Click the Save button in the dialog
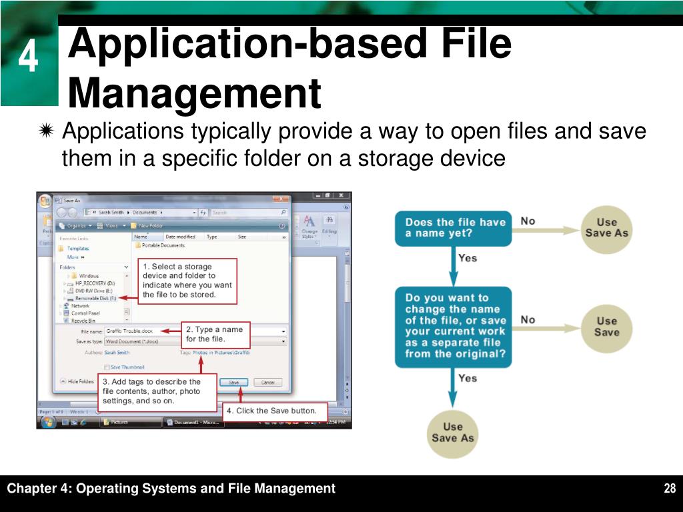233,382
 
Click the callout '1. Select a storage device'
187,281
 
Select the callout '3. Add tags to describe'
158,391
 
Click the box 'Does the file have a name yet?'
453,228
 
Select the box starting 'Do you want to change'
453,326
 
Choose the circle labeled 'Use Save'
606,326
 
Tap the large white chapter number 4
27,59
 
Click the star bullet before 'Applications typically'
46,132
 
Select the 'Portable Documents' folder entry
162,245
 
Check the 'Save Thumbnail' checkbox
107,367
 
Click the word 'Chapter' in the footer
33,489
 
